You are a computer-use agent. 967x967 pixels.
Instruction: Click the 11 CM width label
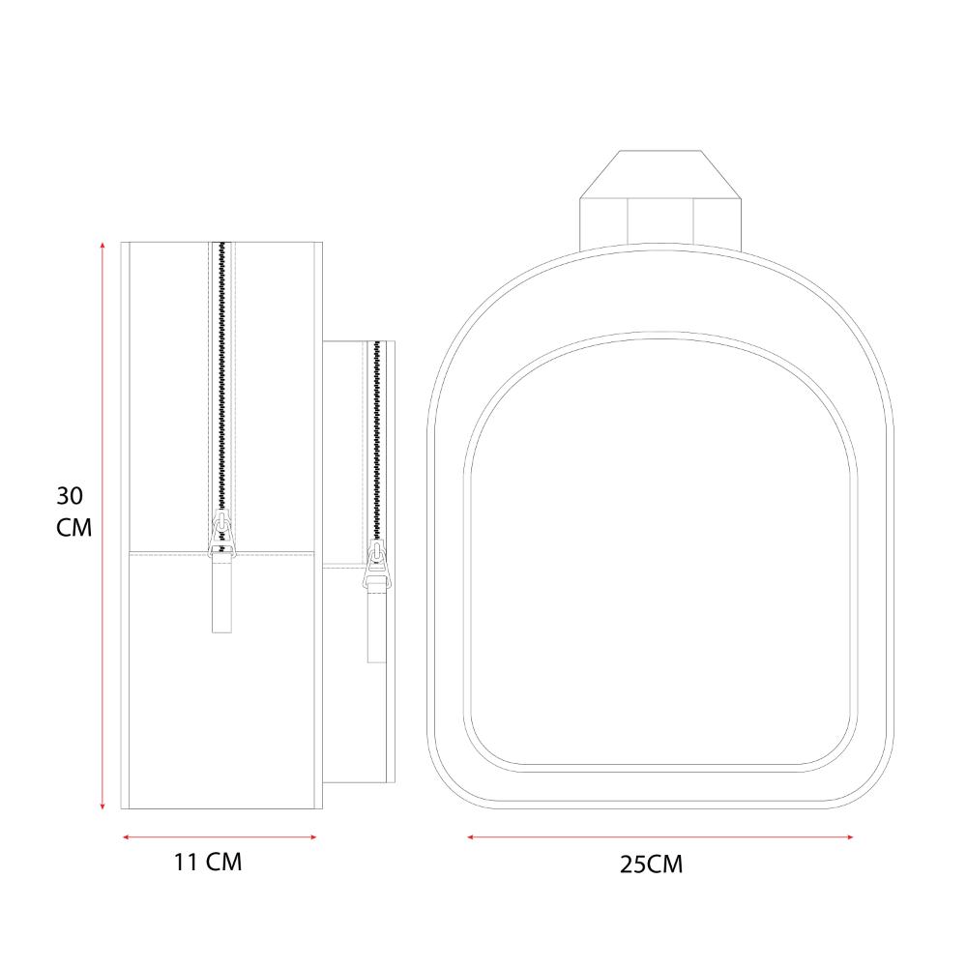click(x=208, y=863)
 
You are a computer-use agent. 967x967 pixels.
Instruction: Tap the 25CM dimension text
click(x=651, y=864)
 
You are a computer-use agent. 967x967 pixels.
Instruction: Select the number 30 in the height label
click(x=70, y=496)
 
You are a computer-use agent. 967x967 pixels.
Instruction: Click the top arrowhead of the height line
click(x=103, y=246)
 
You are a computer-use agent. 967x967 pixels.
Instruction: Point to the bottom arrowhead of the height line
click(x=103, y=806)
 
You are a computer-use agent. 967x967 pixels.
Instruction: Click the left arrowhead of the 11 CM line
click(x=127, y=836)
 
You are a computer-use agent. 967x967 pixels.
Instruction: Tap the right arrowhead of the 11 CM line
click(x=312, y=836)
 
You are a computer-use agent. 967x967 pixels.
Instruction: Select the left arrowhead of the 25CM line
click(x=471, y=836)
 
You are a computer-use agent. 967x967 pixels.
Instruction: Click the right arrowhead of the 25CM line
click(x=850, y=836)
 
